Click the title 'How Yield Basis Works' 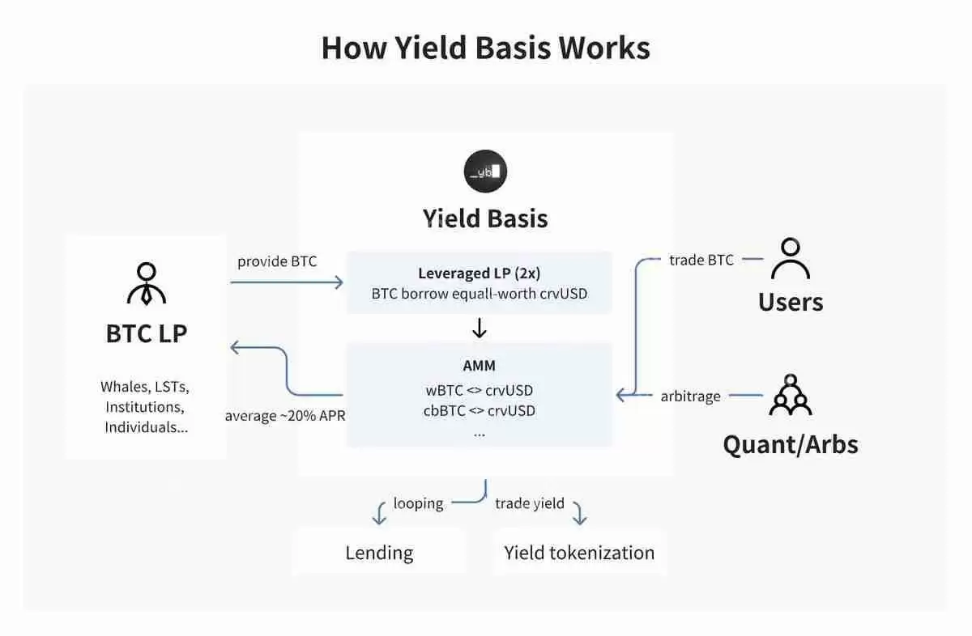pyautogui.click(x=485, y=48)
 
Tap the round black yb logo pyautogui.click(x=485, y=171)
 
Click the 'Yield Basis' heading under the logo pyautogui.click(x=485, y=218)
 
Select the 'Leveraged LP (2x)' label pyautogui.click(x=479, y=273)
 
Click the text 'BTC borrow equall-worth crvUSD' pyautogui.click(x=479, y=294)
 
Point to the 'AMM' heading pyautogui.click(x=479, y=366)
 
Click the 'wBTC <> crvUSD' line pyautogui.click(x=479, y=390)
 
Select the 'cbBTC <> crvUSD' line pyautogui.click(x=479, y=410)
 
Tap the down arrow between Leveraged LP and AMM pyautogui.click(x=479, y=328)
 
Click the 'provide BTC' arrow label pyautogui.click(x=277, y=262)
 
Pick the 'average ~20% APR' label pyautogui.click(x=285, y=416)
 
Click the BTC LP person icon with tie pyautogui.click(x=147, y=283)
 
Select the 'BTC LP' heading pyautogui.click(x=147, y=333)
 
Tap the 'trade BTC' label pyautogui.click(x=701, y=260)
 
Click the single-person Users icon pyautogui.click(x=790, y=259)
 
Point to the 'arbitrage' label pyautogui.click(x=691, y=396)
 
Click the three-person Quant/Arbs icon pyautogui.click(x=790, y=396)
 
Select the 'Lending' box pyautogui.click(x=379, y=553)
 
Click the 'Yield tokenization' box pyautogui.click(x=579, y=553)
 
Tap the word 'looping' pyautogui.click(x=418, y=503)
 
